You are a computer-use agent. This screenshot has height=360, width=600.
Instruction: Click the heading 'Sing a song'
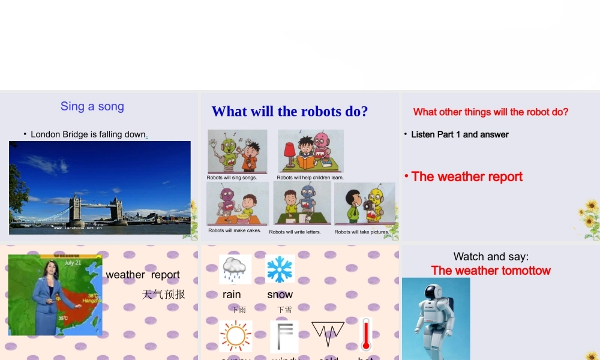92,106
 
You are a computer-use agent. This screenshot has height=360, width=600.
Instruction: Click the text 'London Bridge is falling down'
88,134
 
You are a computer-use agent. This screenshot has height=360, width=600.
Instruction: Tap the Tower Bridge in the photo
96,207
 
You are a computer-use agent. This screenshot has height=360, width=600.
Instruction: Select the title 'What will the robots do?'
290,112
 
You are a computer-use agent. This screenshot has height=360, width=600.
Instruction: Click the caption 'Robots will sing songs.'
232,178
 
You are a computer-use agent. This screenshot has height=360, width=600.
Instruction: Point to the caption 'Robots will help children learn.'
310,178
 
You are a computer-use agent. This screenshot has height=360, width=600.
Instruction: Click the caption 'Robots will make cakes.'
235,230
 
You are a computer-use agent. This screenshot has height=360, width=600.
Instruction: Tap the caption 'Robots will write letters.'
295,232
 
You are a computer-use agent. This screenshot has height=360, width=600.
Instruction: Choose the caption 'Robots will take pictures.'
362,232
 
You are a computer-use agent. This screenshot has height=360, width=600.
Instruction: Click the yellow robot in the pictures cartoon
376,204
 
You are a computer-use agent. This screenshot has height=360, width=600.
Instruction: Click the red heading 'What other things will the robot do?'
491,112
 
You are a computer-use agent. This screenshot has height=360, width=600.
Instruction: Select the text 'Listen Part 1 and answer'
460,134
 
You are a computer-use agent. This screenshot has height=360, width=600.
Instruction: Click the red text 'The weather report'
467,176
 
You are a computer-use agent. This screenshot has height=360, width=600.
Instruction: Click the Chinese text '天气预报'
163,294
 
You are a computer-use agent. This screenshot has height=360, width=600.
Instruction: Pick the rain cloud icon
235,269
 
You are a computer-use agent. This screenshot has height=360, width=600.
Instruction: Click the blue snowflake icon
280,269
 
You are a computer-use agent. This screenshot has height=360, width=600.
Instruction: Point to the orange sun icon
235,336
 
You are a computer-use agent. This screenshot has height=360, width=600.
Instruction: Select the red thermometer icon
366,334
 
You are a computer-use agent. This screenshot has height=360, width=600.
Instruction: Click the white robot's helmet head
433,295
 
